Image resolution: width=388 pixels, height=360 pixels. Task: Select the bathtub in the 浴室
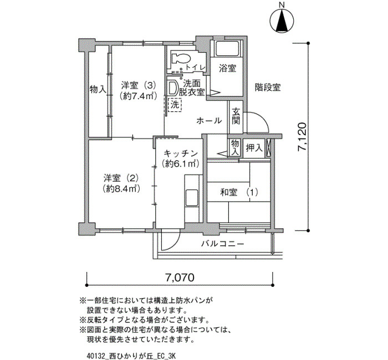pos(227,49)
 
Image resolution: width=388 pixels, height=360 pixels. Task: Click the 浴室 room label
pos(227,68)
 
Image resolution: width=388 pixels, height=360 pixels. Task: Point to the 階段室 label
pos(268,88)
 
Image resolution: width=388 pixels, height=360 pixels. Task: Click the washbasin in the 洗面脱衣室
pos(172,88)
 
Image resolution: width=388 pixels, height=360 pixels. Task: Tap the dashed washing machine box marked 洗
pos(175,105)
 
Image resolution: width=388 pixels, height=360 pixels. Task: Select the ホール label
pos(209,121)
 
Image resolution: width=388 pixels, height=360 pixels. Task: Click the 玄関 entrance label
pos(236,117)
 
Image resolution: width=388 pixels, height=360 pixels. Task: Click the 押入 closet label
pos(254,148)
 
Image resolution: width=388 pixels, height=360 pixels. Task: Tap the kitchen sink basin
pos(192,198)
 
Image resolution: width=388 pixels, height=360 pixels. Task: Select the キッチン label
pos(181,153)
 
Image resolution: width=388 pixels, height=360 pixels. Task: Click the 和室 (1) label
pos(239,192)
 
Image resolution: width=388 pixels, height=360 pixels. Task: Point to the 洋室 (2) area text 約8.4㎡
pos(121,189)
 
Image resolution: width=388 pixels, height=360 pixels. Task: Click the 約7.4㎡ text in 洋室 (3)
pos(139,96)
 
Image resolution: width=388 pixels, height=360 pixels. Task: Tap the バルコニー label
pos(222,244)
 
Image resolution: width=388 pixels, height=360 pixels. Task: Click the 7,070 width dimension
pos(180,277)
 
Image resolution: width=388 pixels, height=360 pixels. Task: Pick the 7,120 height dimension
pos(303,136)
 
